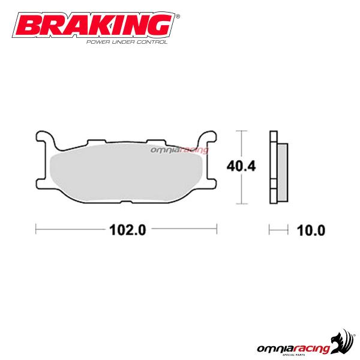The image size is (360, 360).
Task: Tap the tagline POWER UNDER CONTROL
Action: pyautogui.click(x=127, y=42)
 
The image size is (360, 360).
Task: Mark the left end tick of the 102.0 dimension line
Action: pyautogui.click(x=37, y=229)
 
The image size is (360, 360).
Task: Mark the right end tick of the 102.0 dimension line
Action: pyautogui.click(x=216, y=229)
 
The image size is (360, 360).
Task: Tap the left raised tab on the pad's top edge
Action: pyautogui.click(x=96, y=142)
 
